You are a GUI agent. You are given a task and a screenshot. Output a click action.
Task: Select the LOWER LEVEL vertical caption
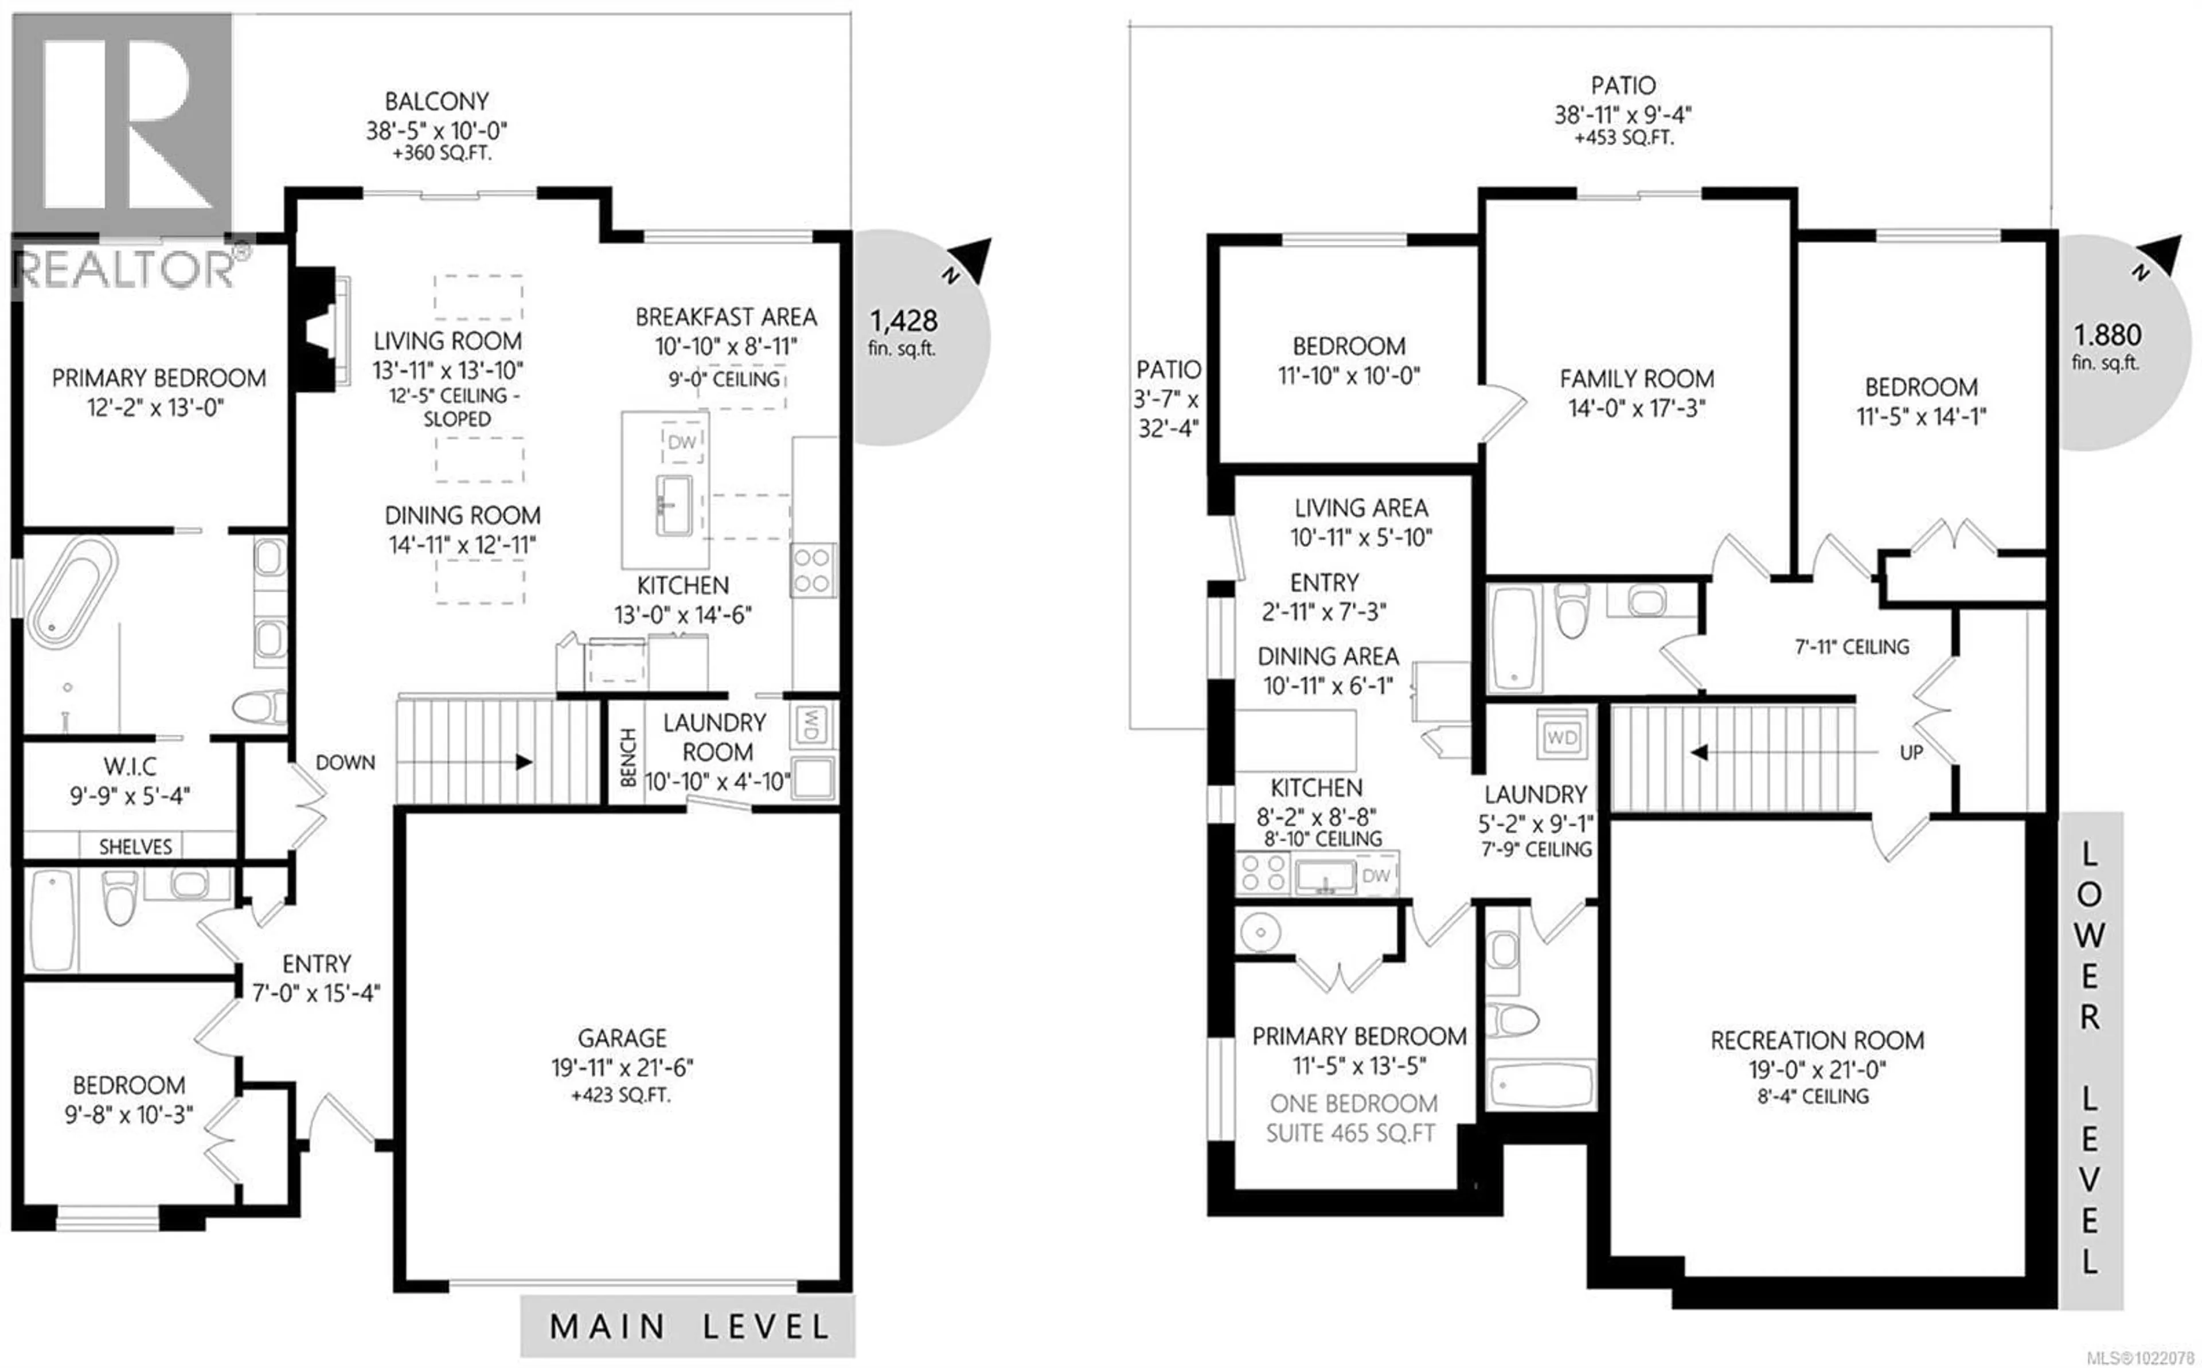[x=2089, y=1058]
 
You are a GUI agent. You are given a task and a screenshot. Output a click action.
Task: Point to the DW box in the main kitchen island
[x=682, y=443]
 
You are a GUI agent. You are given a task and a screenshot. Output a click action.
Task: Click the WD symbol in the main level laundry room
[x=811, y=724]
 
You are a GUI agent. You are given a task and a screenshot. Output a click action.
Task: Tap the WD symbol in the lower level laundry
[x=1563, y=737]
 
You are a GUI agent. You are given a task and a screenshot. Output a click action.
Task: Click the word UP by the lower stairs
[x=1911, y=752]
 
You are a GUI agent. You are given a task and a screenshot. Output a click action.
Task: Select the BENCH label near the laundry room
[x=627, y=757]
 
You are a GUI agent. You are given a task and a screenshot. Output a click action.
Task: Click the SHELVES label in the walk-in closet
[x=135, y=847]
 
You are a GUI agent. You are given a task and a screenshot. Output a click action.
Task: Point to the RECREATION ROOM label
[x=1817, y=1041]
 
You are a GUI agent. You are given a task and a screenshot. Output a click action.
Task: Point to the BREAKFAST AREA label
[x=725, y=318]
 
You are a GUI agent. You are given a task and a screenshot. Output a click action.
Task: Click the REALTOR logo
[x=124, y=154]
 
